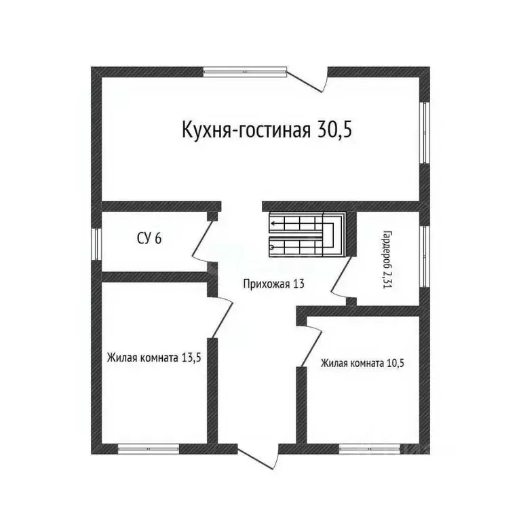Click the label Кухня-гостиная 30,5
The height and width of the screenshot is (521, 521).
pyautogui.click(x=267, y=130)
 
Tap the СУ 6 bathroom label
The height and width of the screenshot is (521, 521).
pyautogui.click(x=149, y=238)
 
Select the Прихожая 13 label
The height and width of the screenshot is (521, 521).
pyautogui.click(x=273, y=284)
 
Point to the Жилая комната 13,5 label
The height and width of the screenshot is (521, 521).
pyautogui.click(x=153, y=358)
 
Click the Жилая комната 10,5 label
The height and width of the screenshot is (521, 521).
pyautogui.click(x=363, y=362)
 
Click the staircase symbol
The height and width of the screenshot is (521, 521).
pyautogui.click(x=307, y=234)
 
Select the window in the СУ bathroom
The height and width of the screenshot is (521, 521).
pyautogui.click(x=97, y=243)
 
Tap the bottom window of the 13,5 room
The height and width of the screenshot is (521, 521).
pyautogui.click(x=148, y=448)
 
